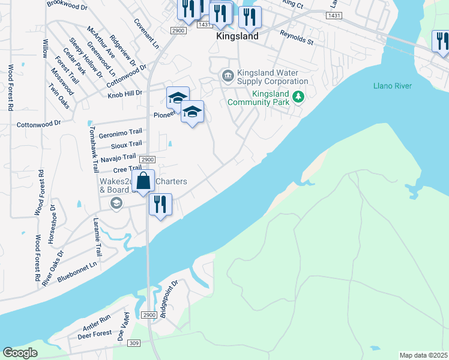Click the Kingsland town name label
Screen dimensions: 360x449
point(237,36)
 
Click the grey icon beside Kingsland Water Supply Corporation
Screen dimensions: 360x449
point(228,76)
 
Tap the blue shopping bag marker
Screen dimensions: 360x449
point(143,181)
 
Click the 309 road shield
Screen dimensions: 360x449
point(134,343)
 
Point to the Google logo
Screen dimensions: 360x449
point(20,353)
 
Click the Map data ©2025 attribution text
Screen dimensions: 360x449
point(424,355)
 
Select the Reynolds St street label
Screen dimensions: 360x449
point(297,38)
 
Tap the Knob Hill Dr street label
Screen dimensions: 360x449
point(125,94)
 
